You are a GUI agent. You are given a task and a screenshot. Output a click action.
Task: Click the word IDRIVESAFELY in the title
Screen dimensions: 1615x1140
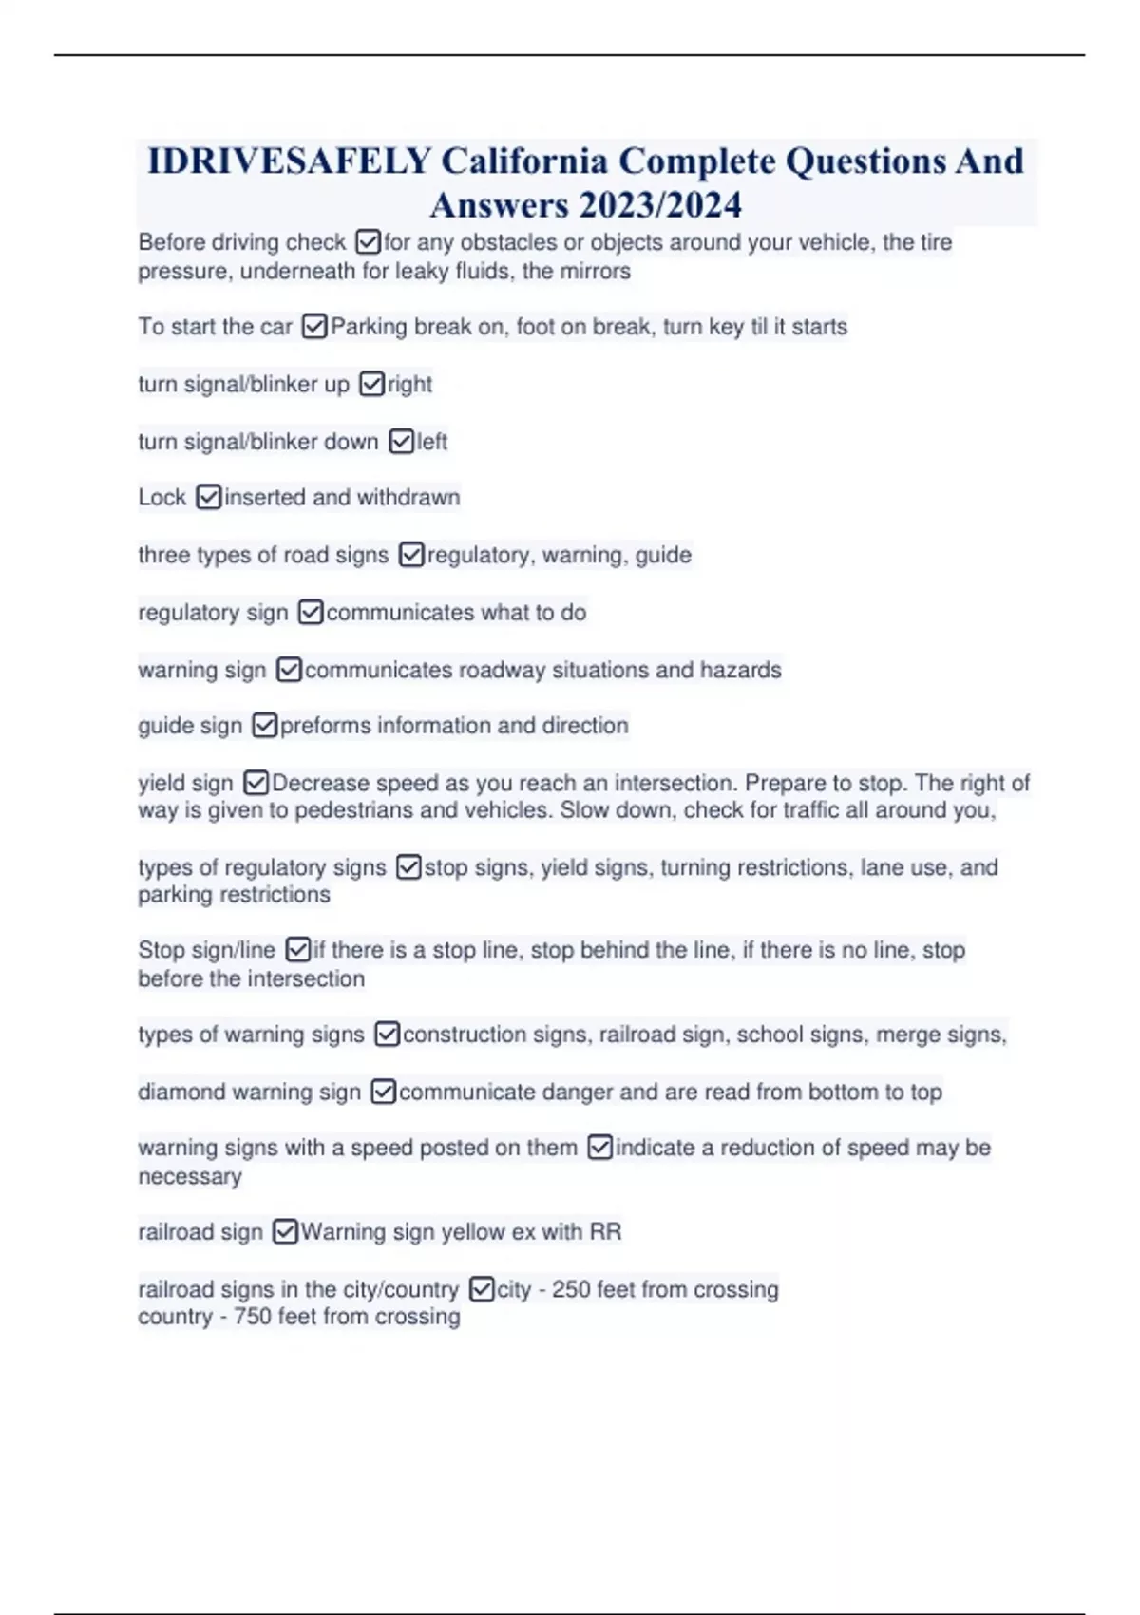pyautogui.click(x=290, y=161)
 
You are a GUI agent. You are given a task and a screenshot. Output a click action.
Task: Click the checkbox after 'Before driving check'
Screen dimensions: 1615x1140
pyautogui.click(x=368, y=242)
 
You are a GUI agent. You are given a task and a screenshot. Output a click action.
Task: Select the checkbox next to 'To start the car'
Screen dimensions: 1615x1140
pyautogui.click(x=314, y=327)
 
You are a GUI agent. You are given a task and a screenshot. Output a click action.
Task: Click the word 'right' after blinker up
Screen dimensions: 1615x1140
pyautogui.click(x=409, y=385)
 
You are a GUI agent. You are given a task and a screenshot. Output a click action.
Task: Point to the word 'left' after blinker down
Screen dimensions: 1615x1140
pyautogui.click(x=432, y=442)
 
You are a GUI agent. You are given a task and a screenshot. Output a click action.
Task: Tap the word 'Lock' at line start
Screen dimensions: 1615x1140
pyautogui.click(x=161, y=498)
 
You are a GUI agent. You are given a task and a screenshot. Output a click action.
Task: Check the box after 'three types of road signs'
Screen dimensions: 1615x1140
pyautogui.click(x=411, y=555)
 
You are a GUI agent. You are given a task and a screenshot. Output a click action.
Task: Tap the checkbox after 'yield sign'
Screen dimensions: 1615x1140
pyautogui.click(x=256, y=783)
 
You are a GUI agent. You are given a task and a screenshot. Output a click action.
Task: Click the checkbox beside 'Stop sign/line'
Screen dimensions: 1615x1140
pyautogui.click(x=297, y=950)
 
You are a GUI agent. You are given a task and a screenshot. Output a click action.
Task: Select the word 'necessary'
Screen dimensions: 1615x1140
pyautogui.click(x=190, y=1176)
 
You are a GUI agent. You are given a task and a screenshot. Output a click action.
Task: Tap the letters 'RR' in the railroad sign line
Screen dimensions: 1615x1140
pyautogui.click(x=605, y=1232)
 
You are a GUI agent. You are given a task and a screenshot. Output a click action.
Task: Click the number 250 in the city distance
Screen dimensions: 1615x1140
pyautogui.click(x=571, y=1289)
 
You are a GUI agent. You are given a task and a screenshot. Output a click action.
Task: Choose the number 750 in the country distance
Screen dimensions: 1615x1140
pyautogui.click(x=253, y=1317)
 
